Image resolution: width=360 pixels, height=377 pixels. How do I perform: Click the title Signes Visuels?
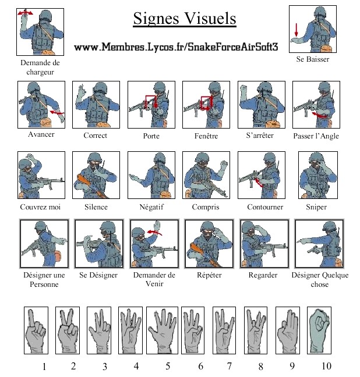point(185,18)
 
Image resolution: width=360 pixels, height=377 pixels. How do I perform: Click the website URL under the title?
point(176,47)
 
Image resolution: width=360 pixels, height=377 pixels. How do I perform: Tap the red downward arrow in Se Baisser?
point(296,30)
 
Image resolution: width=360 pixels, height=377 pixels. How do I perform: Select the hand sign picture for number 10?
point(319,330)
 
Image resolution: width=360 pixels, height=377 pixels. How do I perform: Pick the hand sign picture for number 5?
point(162,330)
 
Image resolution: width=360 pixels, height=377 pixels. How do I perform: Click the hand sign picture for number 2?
point(68,330)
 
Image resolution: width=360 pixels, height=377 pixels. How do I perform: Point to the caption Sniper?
point(316,207)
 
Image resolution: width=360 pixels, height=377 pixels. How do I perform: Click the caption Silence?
point(96,207)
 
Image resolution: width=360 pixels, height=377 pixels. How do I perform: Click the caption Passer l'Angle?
point(316,136)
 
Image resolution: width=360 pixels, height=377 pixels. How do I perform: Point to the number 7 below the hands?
point(230,366)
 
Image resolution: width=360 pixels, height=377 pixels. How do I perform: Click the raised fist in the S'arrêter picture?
point(243,90)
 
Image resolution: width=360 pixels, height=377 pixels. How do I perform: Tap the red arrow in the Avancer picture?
point(57,112)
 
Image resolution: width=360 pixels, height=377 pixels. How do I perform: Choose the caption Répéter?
point(209,275)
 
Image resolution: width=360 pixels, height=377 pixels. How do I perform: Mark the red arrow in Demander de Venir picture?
point(154,232)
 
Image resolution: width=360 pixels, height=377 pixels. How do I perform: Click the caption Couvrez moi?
point(40,207)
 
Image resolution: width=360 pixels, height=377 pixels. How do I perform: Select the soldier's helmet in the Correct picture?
point(100,88)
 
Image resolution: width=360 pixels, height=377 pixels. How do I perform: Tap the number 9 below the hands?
point(292,366)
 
